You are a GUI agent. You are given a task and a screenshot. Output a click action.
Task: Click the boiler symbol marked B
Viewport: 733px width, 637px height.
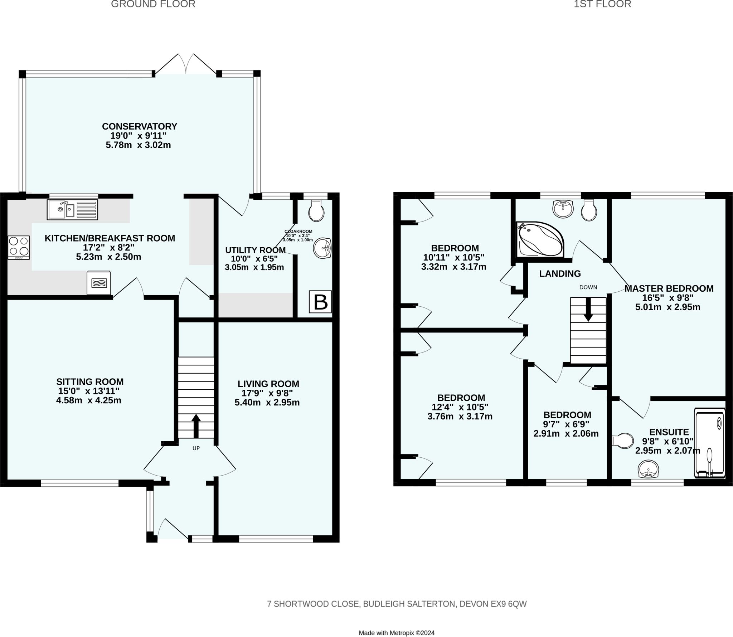coord(320,302)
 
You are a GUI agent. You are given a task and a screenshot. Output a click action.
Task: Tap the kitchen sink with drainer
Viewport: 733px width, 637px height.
coord(72,210)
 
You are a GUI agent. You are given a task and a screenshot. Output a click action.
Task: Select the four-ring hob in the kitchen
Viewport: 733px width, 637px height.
coord(19,247)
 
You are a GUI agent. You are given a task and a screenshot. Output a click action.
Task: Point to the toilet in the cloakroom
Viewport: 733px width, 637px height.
coord(316,211)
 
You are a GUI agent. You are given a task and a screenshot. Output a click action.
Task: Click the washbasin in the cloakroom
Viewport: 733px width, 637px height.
coord(322,248)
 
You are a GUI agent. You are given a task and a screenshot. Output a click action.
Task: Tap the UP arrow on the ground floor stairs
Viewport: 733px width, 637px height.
coord(196,426)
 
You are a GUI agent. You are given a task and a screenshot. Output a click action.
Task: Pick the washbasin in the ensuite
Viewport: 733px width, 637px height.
coord(648,470)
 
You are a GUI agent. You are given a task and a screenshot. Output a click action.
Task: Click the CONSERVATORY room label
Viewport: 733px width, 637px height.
coord(140,126)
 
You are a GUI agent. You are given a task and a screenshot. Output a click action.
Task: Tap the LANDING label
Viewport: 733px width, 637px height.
coord(560,274)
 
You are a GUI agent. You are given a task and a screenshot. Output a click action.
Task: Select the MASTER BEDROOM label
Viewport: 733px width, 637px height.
coord(669,288)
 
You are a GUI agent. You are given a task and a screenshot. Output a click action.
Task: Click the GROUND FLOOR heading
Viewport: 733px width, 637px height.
coord(153,4)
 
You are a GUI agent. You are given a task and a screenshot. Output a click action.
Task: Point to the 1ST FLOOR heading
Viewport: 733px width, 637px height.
coord(602,4)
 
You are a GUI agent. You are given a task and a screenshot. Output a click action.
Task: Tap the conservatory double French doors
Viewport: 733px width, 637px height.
coord(186,64)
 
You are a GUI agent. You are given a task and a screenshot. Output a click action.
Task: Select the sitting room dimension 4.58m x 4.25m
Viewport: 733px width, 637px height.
coord(88,400)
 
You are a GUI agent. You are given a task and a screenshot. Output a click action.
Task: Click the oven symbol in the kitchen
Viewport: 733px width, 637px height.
coord(99,283)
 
